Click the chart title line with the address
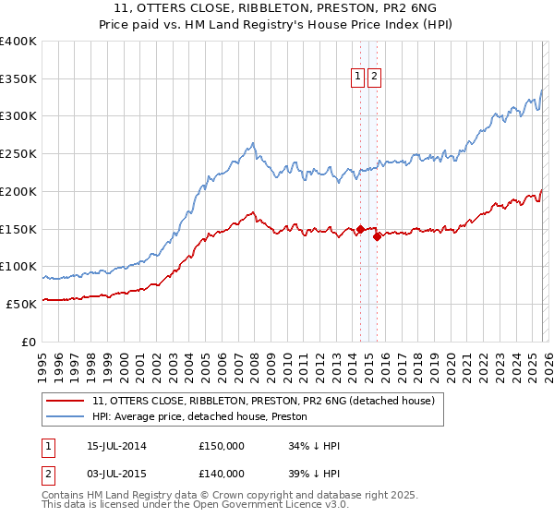tap(276, 8)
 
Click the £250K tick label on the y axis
tap(18, 153)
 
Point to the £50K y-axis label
tap(21, 303)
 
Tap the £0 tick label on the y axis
tap(29, 341)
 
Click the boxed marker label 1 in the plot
tap(358, 78)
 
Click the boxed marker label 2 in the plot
tap(375, 78)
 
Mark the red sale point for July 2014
tap(360, 229)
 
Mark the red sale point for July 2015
tap(377, 236)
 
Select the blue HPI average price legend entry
tap(206, 417)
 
